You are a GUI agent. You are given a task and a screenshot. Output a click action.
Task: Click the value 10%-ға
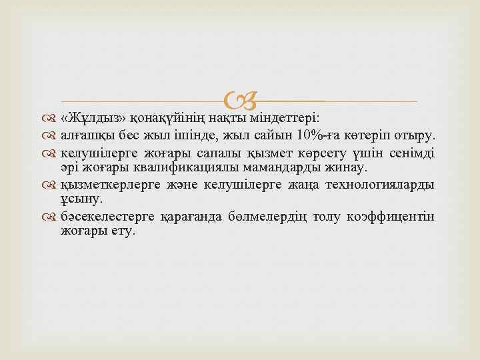319,136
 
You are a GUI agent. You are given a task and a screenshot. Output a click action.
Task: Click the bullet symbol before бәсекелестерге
52,217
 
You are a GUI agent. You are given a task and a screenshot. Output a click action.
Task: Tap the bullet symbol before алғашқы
52,137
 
